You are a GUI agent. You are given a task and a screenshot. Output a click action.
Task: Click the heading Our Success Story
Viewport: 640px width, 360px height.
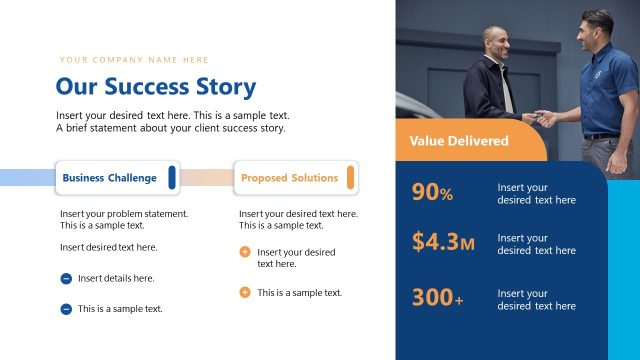pyautogui.click(x=155, y=87)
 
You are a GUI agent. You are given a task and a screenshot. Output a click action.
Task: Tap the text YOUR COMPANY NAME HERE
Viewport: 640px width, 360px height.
pyautogui.click(x=134, y=60)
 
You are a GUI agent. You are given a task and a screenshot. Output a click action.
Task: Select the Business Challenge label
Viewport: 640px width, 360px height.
pyautogui.click(x=109, y=178)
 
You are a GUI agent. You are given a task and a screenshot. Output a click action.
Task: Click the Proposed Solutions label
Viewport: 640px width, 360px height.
pyautogui.click(x=289, y=178)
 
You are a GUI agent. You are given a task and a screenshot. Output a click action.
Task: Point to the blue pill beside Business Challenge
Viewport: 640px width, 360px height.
pyautogui.click(x=172, y=178)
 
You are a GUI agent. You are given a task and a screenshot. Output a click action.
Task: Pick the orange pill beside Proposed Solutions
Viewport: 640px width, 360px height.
pyautogui.click(x=350, y=178)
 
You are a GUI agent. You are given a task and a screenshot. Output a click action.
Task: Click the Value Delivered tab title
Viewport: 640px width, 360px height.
pyautogui.click(x=458, y=141)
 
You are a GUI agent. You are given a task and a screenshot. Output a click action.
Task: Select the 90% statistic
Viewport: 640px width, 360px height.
pyautogui.click(x=432, y=193)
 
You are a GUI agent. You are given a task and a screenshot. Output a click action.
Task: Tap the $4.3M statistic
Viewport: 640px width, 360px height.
pyautogui.click(x=443, y=242)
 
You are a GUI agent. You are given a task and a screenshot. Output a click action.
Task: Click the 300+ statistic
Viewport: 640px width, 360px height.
pyautogui.click(x=437, y=298)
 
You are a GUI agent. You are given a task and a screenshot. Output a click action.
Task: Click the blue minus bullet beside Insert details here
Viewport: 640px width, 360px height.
pyautogui.click(x=66, y=279)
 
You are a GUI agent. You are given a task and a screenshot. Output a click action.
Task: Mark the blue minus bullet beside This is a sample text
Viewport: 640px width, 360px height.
pyautogui.click(x=66, y=309)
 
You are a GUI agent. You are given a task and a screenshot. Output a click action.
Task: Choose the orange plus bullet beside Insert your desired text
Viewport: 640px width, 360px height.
pyautogui.click(x=245, y=252)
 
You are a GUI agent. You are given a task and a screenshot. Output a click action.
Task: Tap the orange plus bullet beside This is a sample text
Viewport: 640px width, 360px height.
pyautogui.click(x=245, y=292)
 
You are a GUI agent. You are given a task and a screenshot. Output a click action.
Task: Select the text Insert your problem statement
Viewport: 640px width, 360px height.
pyautogui.click(x=123, y=214)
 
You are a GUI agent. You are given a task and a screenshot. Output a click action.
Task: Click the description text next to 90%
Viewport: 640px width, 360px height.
pyautogui.click(x=536, y=193)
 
